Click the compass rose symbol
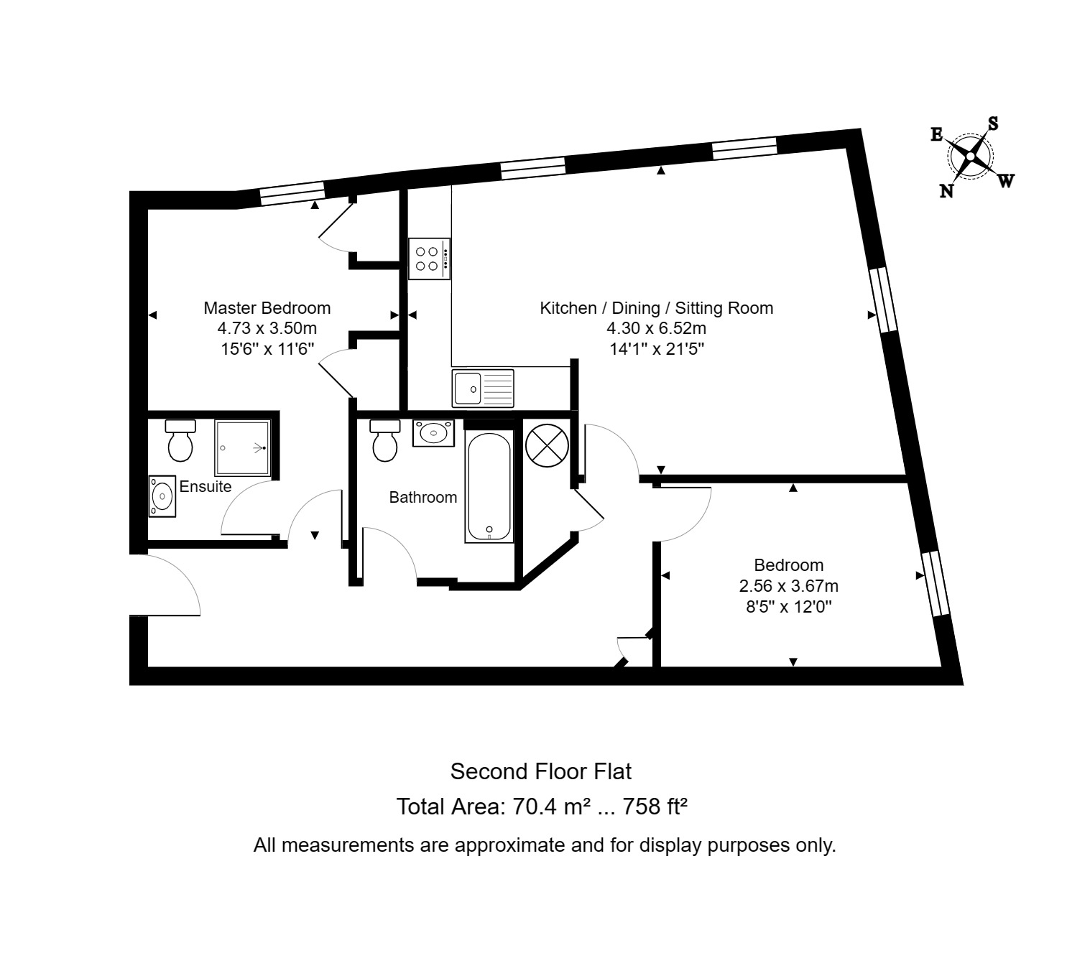pyautogui.click(x=970, y=157)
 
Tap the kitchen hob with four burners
pyautogui.click(x=429, y=259)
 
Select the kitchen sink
pyautogui.click(x=482, y=388)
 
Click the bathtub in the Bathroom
pyautogui.click(x=489, y=486)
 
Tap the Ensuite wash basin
pyautogui.click(x=162, y=496)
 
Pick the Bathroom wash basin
pyautogui.click(x=433, y=433)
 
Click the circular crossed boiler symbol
pyautogui.click(x=547, y=445)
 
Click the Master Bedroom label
pyautogui.click(x=267, y=308)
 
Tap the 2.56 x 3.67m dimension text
pyautogui.click(x=788, y=586)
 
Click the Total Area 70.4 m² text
pyautogui.click(x=542, y=807)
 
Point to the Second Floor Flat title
pyautogui.click(x=540, y=771)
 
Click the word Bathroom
pyautogui.click(x=422, y=497)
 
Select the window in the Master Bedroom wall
pyautogui.click(x=292, y=193)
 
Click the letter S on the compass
pyautogui.click(x=993, y=123)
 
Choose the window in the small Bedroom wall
pyautogui.click(x=936, y=584)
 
